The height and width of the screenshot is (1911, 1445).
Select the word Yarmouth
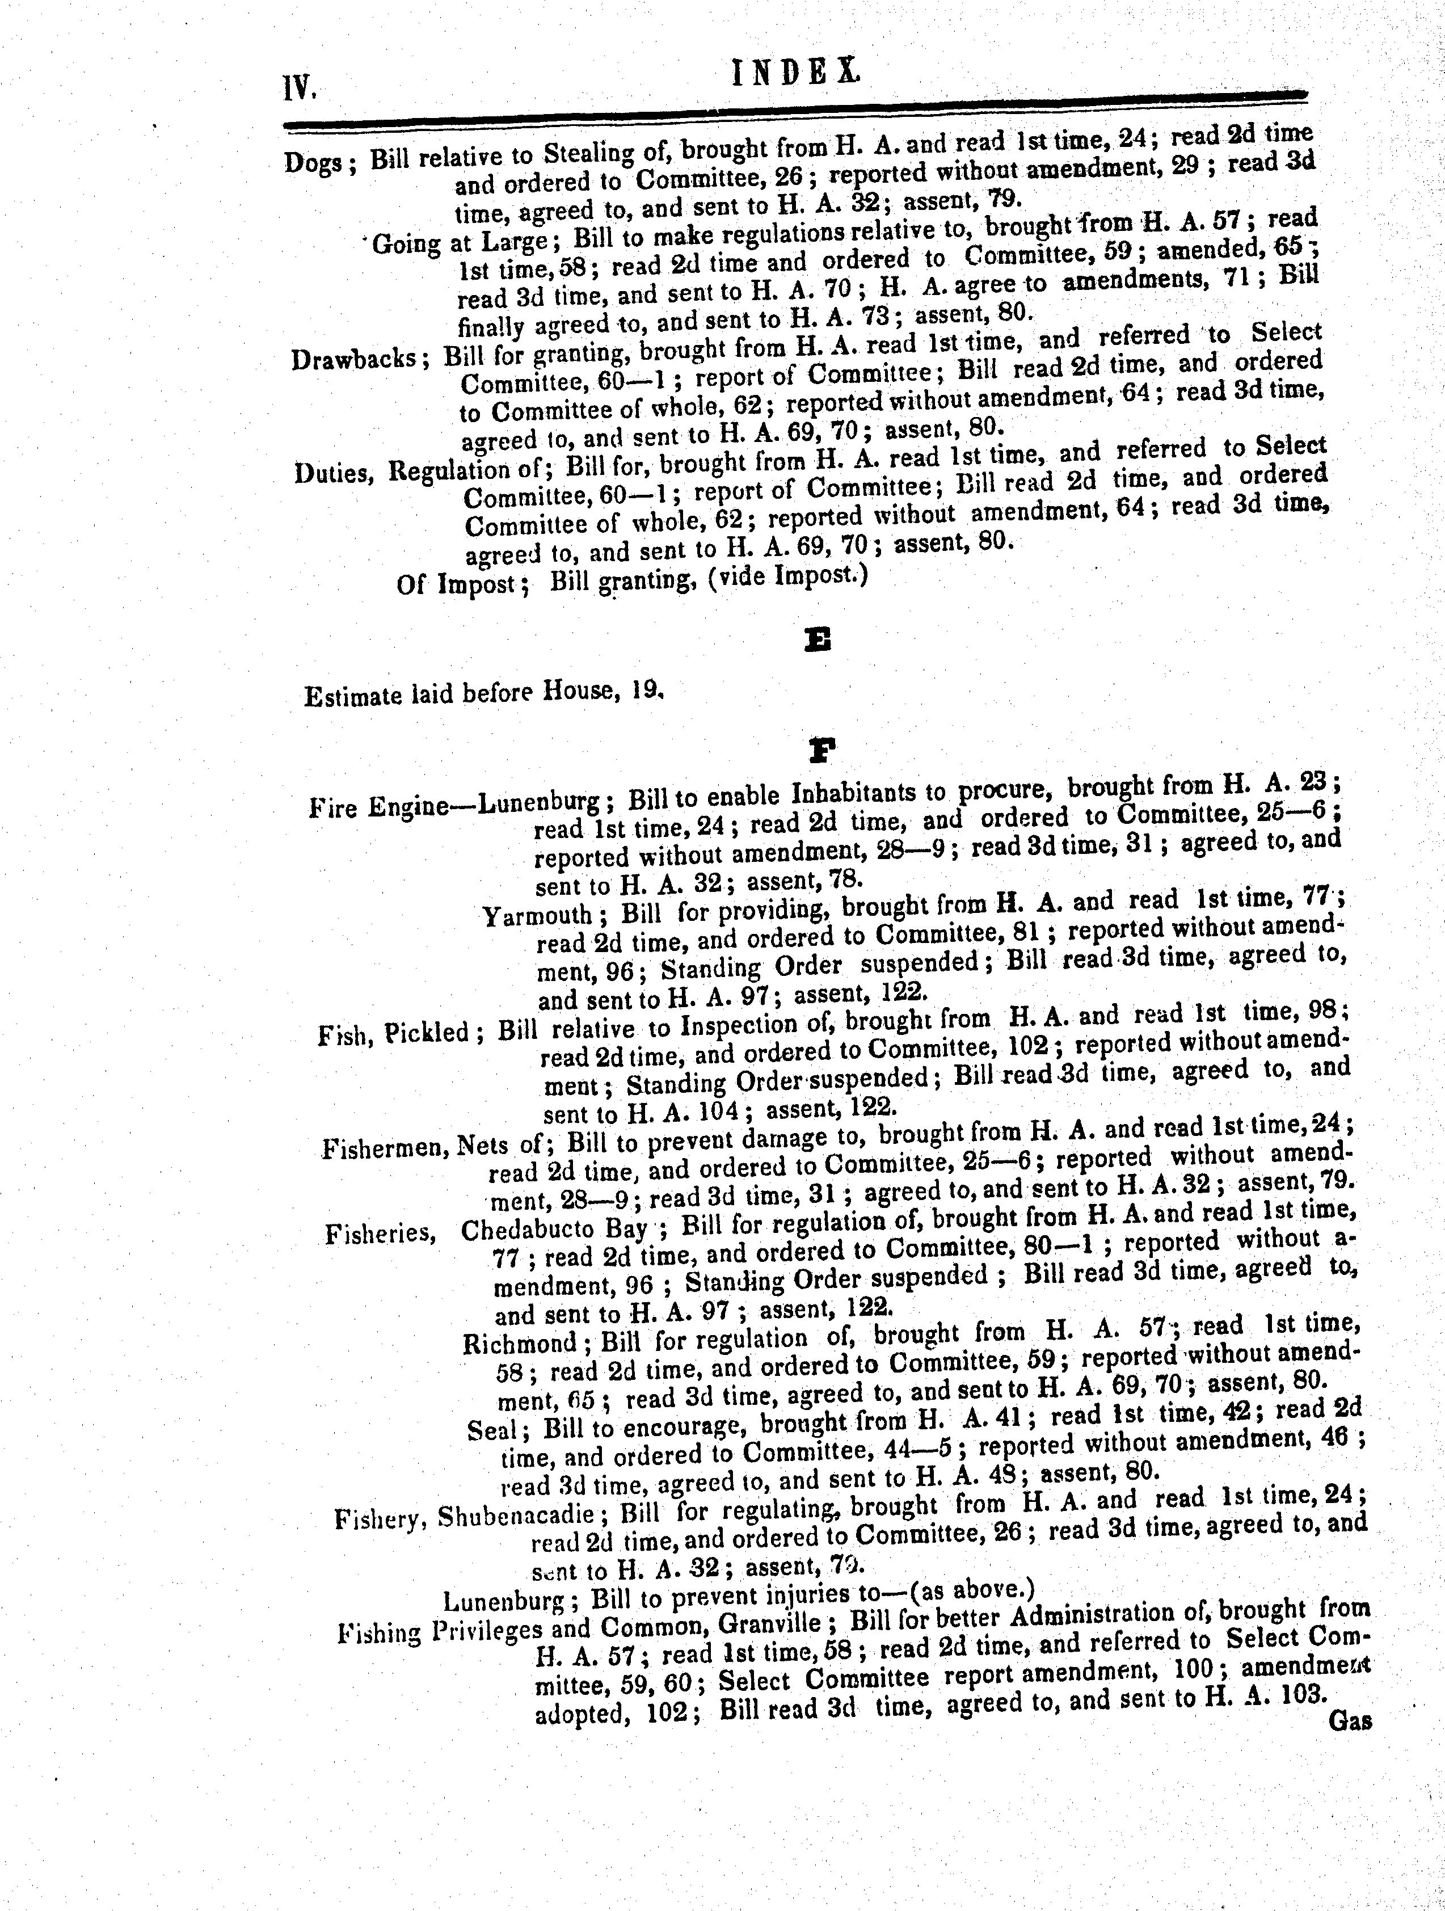(537, 914)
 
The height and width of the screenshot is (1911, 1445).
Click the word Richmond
(519, 1344)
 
